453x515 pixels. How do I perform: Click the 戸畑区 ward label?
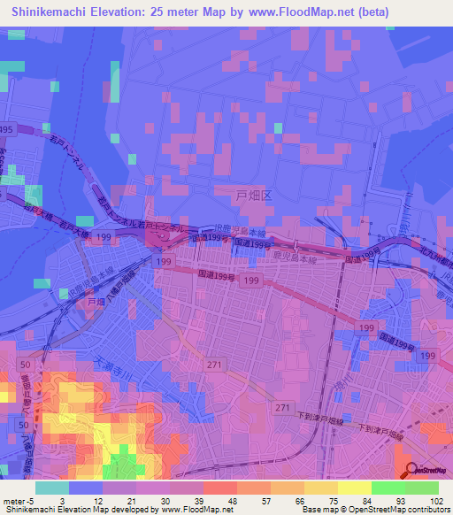[254, 192]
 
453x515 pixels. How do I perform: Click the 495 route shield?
[7, 130]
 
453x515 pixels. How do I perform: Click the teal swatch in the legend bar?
[51, 488]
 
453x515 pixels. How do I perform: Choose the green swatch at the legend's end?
[421, 488]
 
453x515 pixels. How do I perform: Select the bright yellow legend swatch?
[354, 488]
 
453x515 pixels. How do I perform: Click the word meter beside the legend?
[12, 501]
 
